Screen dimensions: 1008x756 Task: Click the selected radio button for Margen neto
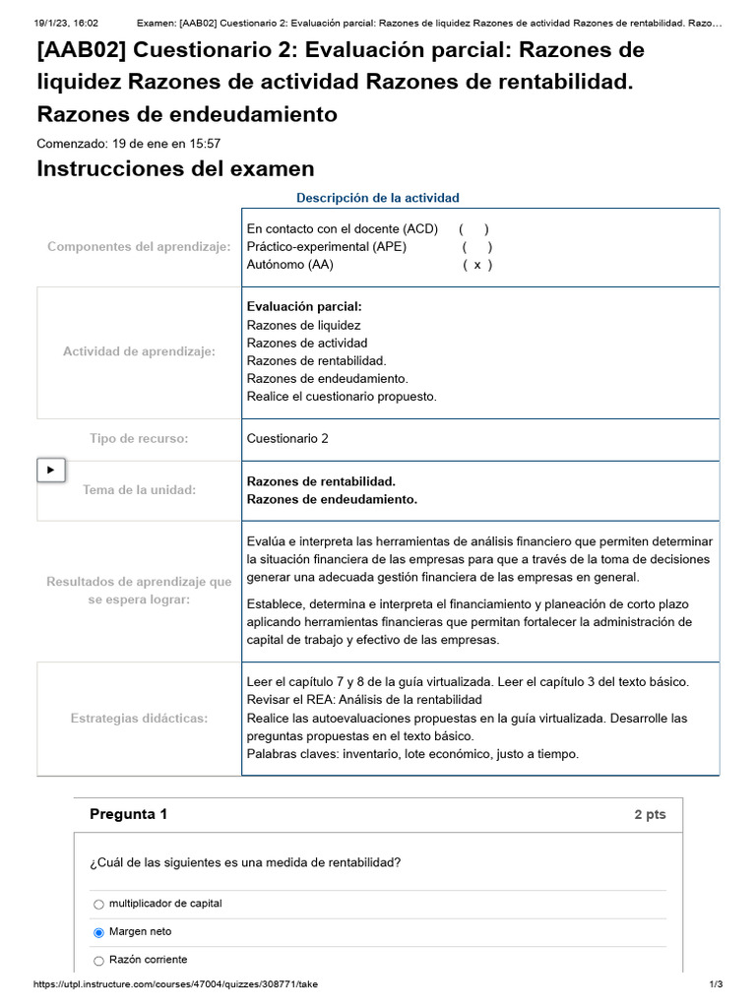pos(98,932)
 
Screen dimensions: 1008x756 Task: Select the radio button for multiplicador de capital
pos(98,904)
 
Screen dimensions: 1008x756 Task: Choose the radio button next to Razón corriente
pos(98,961)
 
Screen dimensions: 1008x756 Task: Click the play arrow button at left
pos(51,471)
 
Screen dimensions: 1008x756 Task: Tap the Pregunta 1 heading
pos(128,814)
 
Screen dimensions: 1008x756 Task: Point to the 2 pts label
pos(650,815)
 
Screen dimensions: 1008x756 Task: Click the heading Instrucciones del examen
pos(175,168)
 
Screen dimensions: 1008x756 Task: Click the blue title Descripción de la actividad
pos(378,198)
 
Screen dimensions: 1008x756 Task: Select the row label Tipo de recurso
pos(139,439)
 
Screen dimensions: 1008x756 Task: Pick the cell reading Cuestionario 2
pos(287,439)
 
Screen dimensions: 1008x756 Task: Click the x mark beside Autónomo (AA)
pos(476,265)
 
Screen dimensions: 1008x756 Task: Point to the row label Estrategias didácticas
pos(139,719)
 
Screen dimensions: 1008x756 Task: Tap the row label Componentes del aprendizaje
pos(139,247)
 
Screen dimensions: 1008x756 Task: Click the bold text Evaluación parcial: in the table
pos(304,307)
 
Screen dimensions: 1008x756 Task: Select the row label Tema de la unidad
pos(139,490)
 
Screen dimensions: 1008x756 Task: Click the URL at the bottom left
pos(175,984)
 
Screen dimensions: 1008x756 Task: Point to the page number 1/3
pos(716,984)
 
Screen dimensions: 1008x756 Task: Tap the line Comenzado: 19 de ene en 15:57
pos(128,144)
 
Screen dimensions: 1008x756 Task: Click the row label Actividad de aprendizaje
pos(139,351)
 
